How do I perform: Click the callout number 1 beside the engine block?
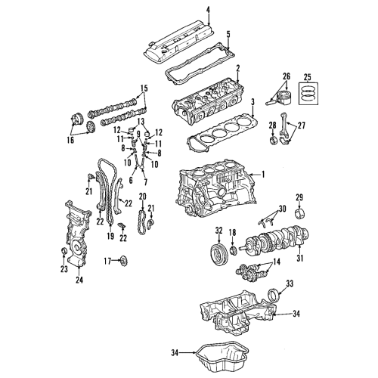click(263, 174)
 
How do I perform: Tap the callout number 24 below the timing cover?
click(79, 285)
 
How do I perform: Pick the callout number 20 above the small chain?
click(141, 197)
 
